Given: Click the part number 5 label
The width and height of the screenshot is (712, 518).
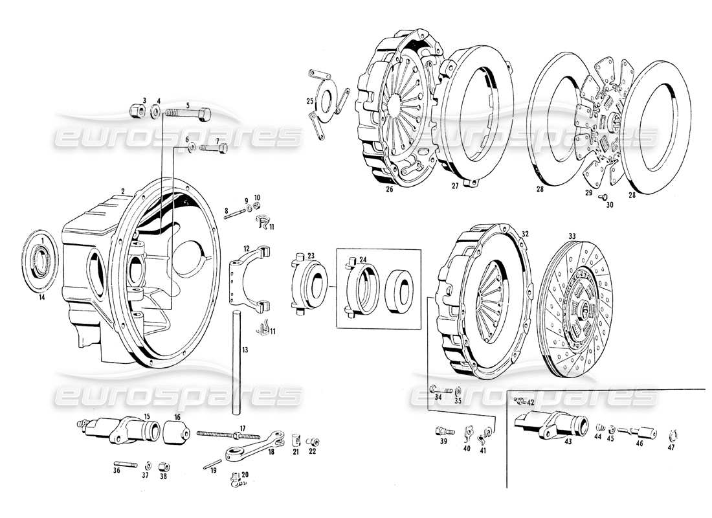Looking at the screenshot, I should pos(188,105).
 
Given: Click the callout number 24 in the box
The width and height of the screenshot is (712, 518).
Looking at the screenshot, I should pos(363,260).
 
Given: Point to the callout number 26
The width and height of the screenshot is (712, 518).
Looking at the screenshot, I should pos(389,190).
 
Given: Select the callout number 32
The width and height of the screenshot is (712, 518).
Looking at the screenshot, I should pos(525,234).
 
